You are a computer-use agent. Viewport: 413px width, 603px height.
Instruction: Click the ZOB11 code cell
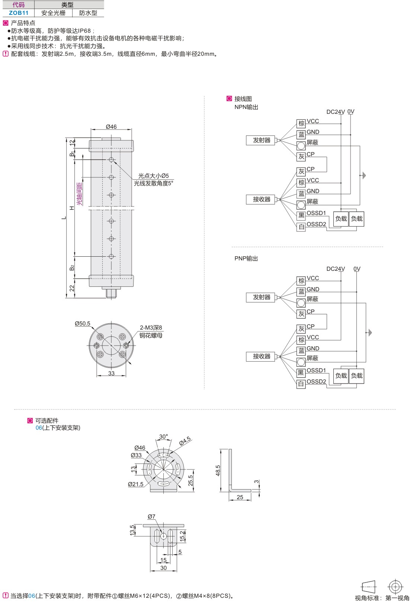(x=18, y=13)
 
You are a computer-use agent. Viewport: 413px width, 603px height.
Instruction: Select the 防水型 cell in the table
(x=88, y=13)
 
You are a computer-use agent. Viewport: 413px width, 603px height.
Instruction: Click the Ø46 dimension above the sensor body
(x=111, y=126)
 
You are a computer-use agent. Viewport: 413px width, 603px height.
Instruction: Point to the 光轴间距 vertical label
(x=79, y=193)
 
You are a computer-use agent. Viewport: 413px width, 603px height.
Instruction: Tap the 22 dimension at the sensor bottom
(x=72, y=288)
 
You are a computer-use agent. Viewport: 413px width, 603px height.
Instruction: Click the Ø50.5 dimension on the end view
(x=83, y=324)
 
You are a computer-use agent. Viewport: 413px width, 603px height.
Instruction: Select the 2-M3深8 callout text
(x=151, y=328)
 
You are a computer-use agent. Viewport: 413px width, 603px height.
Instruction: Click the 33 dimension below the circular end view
(x=111, y=373)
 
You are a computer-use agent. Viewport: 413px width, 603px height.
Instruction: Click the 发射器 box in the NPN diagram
(x=261, y=140)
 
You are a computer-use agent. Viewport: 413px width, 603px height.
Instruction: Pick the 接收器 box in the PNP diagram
(x=261, y=356)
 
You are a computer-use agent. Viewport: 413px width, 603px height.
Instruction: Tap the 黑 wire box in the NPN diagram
(x=301, y=215)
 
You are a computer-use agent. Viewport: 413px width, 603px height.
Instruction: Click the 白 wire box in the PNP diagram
(x=301, y=384)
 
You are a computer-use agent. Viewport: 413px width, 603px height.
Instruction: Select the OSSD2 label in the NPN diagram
(x=316, y=224)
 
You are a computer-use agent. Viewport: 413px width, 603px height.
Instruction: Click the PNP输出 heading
(x=246, y=258)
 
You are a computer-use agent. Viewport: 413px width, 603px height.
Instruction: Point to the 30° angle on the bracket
(x=163, y=437)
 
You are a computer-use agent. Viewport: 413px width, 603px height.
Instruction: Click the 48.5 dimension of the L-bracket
(x=218, y=471)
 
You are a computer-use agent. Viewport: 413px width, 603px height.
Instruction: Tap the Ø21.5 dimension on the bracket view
(x=135, y=484)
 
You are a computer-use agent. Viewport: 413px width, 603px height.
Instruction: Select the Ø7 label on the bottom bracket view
(x=151, y=517)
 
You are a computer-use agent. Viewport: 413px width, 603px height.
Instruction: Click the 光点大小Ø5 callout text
(x=153, y=176)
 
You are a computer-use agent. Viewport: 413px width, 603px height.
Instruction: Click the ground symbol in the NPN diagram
(x=364, y=175)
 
